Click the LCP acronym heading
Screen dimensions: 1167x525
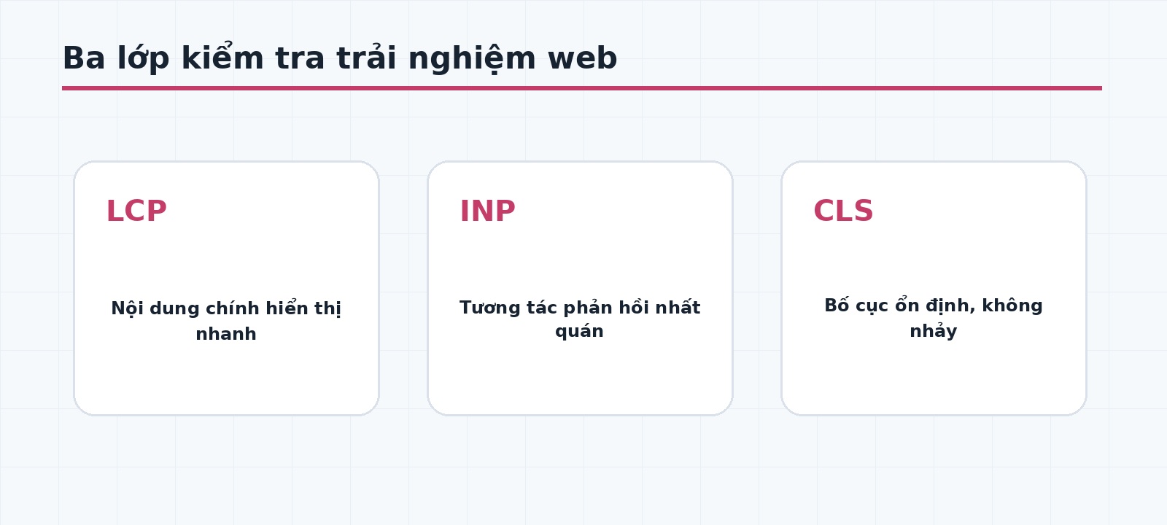coord(136,211)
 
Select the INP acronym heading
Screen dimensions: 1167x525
coord(488,211)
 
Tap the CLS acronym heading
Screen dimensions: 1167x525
coord(843,211)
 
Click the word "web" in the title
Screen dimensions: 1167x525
coord(583,58)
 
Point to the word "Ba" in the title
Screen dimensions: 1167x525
coord(84,58)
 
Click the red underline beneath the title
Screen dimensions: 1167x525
coord(582,88)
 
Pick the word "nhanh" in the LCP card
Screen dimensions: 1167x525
coord(226,334)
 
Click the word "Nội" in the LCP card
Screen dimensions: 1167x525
coord(127,308)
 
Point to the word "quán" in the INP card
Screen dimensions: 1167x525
coord(579,332)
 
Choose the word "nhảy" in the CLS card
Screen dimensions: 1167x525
coord(934,331)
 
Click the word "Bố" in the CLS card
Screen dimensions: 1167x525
coord(837,305)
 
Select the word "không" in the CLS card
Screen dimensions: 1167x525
coord(1012,306)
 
